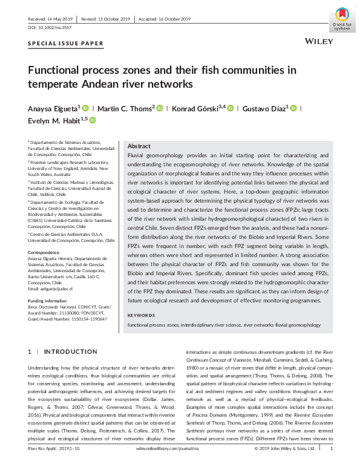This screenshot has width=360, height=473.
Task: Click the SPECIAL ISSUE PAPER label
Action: [x=66, y=44]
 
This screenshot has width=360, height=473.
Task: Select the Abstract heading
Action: [x=139, y=146]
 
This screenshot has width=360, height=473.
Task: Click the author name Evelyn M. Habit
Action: [x=54, y=120]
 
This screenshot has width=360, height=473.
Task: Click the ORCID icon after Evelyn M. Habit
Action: [x=93, y=120]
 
